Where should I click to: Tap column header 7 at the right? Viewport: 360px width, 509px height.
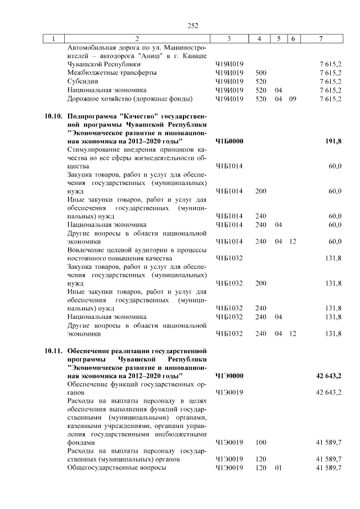click(x=320, y=38)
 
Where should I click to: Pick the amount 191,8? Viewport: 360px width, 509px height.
click(x=333, y=141)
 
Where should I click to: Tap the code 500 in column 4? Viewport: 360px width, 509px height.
click(x=260, y=73)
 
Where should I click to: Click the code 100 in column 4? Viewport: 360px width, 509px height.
click(x=260, y=443)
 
